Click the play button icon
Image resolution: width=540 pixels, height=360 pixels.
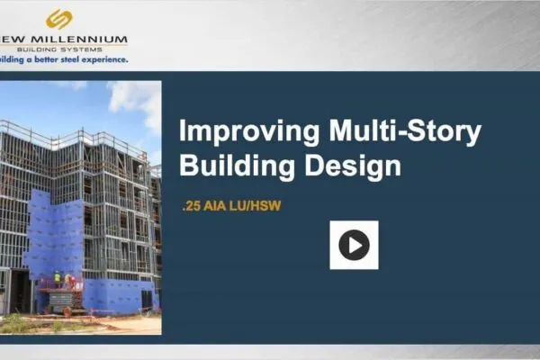coord(354,245)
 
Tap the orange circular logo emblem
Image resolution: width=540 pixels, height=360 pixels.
coord(59,18)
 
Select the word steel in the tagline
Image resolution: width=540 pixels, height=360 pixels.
coord(71,60)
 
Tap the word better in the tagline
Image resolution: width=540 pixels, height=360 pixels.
coord(45,60)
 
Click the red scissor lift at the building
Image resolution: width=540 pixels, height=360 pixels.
coord(61,292)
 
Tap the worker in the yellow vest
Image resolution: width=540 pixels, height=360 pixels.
coord(57,277)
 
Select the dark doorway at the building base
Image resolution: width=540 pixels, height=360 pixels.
coord(18,292)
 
